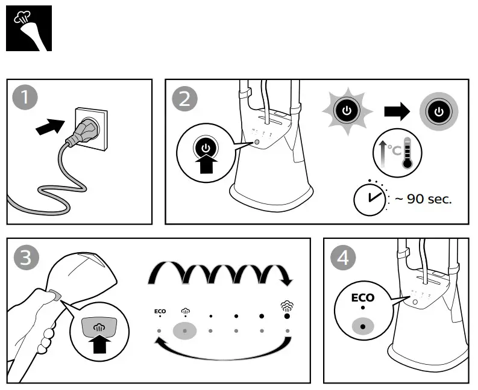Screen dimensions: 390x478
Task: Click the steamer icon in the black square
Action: [x=28, y=28]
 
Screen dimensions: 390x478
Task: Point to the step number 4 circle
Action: [x=343, y=258]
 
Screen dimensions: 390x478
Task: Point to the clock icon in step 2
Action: [x=369, y=198]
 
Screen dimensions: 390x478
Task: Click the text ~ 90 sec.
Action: [x=423, y=199]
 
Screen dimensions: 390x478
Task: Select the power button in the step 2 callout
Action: [x=206, y=148]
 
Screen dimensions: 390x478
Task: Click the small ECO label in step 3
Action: [x=160, y=311]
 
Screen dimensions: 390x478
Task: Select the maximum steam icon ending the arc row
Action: [x=287, y=307]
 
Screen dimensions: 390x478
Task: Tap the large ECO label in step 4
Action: [x=363, y=297]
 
